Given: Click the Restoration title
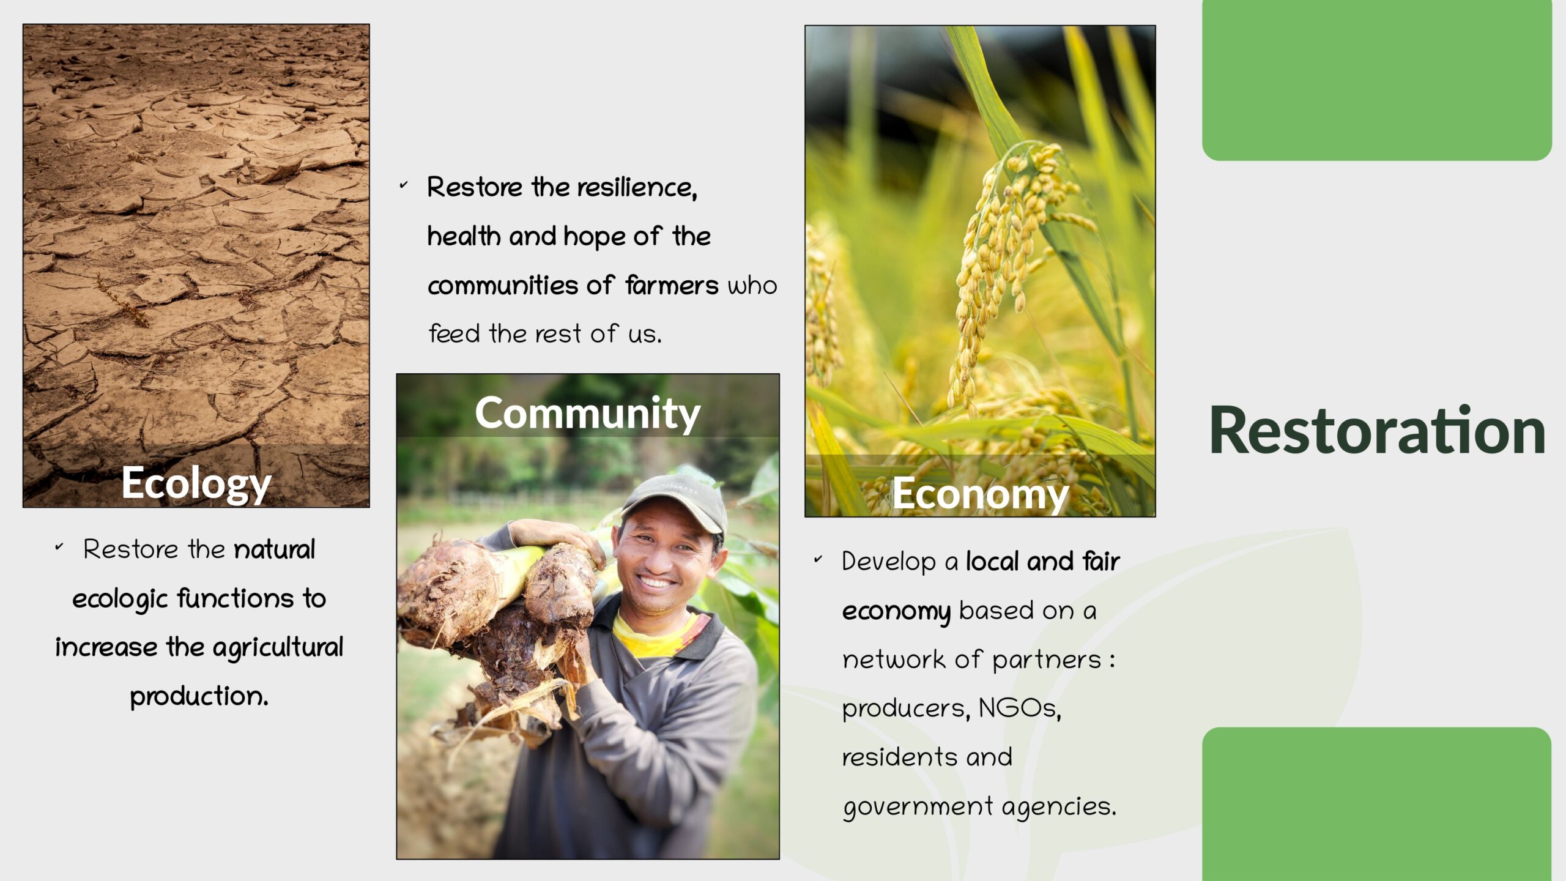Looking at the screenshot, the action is point(1377,431).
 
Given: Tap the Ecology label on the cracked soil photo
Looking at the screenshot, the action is point(196,484).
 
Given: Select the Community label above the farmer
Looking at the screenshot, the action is point(587,414).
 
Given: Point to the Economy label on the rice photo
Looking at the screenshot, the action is point(980,494).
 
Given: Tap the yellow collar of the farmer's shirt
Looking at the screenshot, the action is point(655,633).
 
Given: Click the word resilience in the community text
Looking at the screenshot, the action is point(637,187).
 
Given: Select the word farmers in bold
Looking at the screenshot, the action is point(672,286).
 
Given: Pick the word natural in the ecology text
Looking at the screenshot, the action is point(275,549).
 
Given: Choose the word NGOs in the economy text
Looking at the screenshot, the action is point(1020,708).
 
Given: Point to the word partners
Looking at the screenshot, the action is point(1046,660).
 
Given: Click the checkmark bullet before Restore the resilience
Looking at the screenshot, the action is point(403,184).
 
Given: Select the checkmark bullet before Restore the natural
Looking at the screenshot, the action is point(59,546).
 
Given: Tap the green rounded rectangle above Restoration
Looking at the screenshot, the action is point(1377,80).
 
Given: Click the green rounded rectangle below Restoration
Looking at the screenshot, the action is point(1377,804).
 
